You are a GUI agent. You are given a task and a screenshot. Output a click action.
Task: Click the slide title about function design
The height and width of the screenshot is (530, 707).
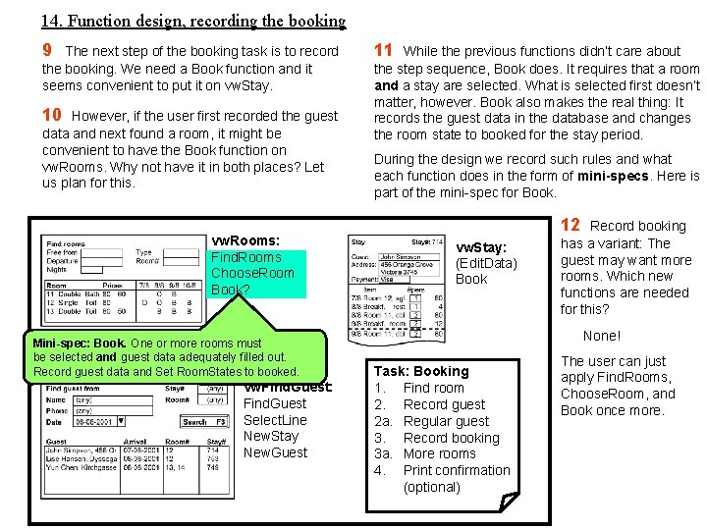[x=193, y=20]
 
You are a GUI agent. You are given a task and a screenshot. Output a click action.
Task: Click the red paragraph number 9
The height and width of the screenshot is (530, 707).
[x=47, y=50]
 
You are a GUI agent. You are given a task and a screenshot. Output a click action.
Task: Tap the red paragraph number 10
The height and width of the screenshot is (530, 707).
[x=52, y=115]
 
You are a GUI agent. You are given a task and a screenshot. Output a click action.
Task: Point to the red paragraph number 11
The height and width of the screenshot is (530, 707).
[x=383, y=50]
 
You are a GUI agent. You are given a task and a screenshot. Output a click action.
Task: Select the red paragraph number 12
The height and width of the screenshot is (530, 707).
[x=571, y=226]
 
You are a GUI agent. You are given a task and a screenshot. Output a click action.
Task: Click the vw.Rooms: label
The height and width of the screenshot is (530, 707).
[x=245, y=240]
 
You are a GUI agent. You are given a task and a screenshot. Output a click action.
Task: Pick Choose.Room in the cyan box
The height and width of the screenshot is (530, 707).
[x=252, y=273]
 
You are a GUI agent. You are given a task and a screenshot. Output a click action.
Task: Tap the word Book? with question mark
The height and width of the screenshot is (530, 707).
[x=231, y=290]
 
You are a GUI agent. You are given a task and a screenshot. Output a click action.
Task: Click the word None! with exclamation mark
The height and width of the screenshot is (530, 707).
[x=602, y=336]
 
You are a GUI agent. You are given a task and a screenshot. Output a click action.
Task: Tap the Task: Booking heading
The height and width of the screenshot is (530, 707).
[x=421, y=371]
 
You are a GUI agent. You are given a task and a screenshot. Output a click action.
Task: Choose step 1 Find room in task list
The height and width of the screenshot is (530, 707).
[x=433, y=388]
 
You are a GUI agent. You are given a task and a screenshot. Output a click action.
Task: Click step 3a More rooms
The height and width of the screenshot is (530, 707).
[x=439, y=453]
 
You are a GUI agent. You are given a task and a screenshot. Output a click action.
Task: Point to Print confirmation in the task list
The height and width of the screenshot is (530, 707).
[x=457, y=470]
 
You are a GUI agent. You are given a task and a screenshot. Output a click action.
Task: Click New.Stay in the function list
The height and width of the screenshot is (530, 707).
[x=270, y=436]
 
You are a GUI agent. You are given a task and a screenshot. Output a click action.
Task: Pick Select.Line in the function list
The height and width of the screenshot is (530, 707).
[x=275, y=420]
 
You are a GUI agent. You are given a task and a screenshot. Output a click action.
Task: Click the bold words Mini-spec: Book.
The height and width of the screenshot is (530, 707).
[x=80, y=344]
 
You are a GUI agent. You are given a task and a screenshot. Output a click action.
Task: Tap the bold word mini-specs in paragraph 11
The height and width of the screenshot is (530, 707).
[x=614, y=176]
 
